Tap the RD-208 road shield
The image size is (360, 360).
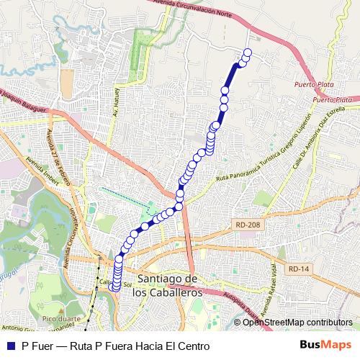pos(247,225)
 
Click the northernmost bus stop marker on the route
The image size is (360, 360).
pos(248,53)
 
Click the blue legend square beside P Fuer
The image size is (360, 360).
pos(9,346)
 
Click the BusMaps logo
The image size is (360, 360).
pos(326,345)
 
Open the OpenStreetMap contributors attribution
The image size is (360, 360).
pos(297,322)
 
